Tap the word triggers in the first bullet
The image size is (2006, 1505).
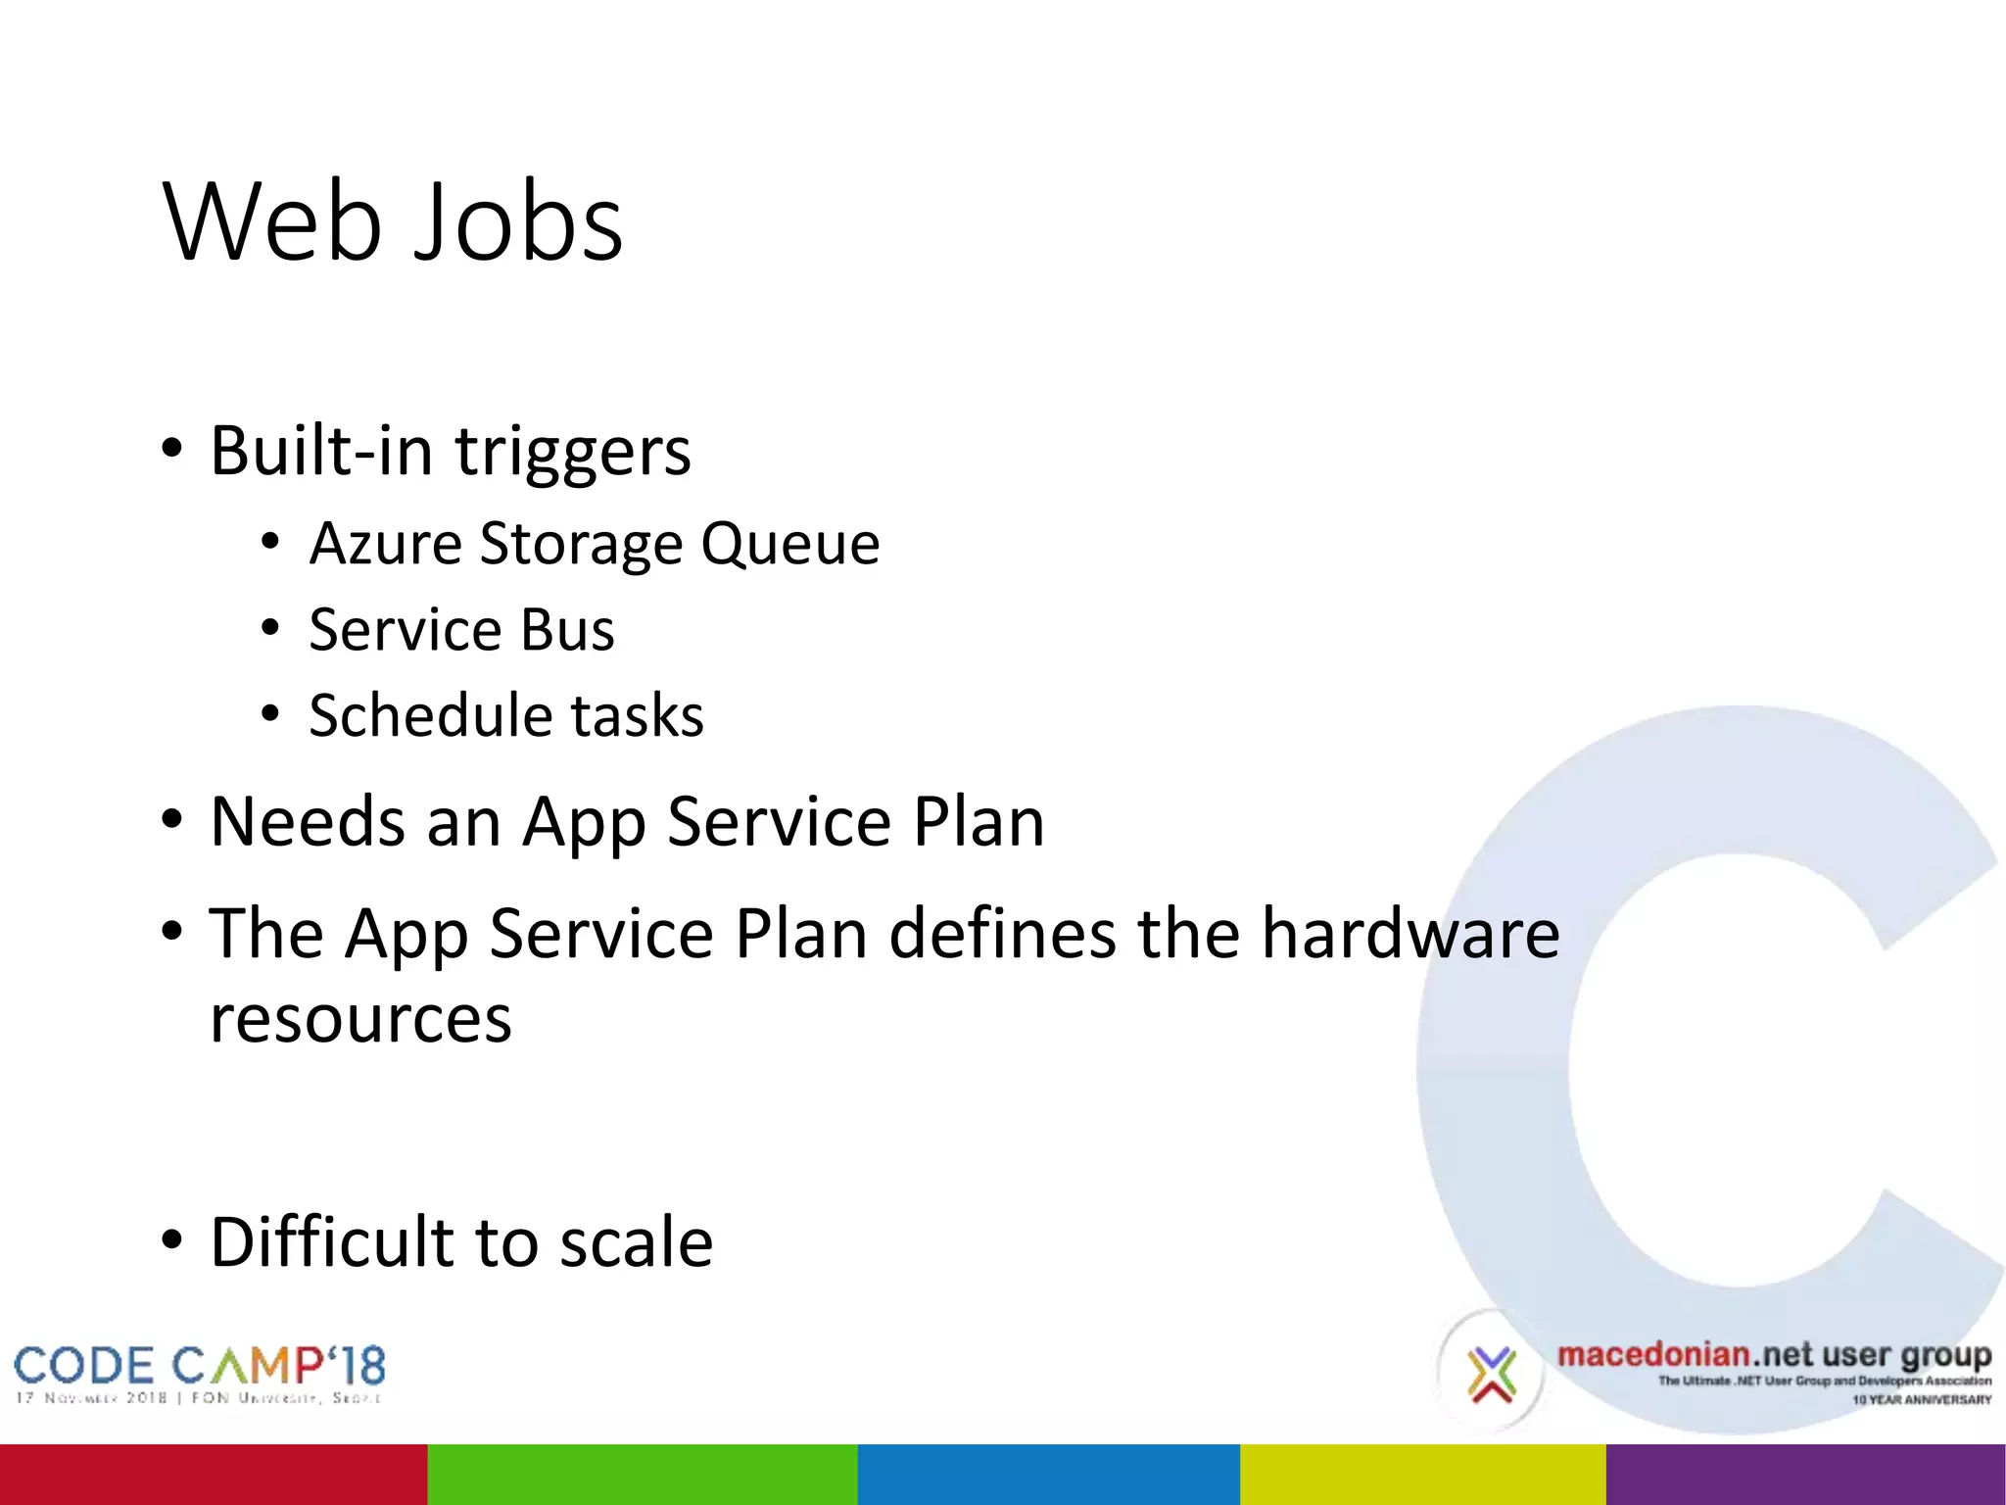pyautogui.click(x=573, y=453)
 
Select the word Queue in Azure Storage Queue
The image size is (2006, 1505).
pyautogui.click(x=789, y=544)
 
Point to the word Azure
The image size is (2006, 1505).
pyautogui.click(x=385, y=544)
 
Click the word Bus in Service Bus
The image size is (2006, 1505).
pyautogui.click(x=567, y=629)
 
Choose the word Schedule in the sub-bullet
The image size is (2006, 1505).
pyautogui.click(x=430, y=714)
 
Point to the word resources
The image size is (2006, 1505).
pyautogui.click(x=360, y=1020)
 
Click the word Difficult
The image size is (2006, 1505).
pyautogui.click(x=332, y=1241)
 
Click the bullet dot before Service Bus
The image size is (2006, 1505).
pyautogui.click(x=271, y=627)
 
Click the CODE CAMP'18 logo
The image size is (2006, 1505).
pyautogui.click(x=200, y=1373)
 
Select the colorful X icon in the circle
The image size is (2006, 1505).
pyautogui.click(x=1491, y=1374)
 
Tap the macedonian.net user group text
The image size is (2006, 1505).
pyautogui.click(x=1773, y=1356)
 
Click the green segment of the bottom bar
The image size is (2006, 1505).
pyautogui.click(x=642, y=1474)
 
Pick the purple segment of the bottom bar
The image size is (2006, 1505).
pyautogui.click(x=1805, y=1474)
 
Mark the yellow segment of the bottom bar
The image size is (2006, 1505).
pyautogui.click(x=1422, y=1474)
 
